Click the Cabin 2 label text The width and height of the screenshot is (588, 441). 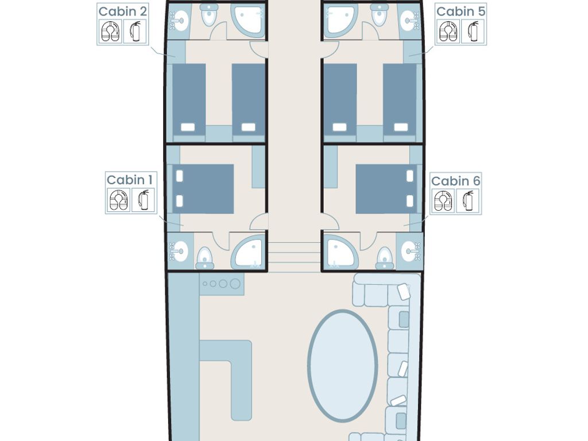tap(122, 11)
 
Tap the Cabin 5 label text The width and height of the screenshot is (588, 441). tap(461, 11)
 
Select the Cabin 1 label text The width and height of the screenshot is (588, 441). tap(130, 180)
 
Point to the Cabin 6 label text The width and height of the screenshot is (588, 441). tap(455, 181)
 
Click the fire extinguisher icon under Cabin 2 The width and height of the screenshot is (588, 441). tap(136, 31)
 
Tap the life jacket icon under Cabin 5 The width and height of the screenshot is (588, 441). tap(448, 31)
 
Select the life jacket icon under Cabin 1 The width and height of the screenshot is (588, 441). tap(119, 200)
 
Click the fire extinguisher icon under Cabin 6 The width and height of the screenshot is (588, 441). tap(467, 200)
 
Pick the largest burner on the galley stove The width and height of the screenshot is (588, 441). tap(235, 284)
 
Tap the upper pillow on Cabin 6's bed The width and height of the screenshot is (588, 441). tap(409, 176)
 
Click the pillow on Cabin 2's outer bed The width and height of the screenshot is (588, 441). tap(188, 127)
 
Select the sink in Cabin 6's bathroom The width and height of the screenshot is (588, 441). tap(408, 251)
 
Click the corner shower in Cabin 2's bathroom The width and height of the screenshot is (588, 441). tap(248, 21)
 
